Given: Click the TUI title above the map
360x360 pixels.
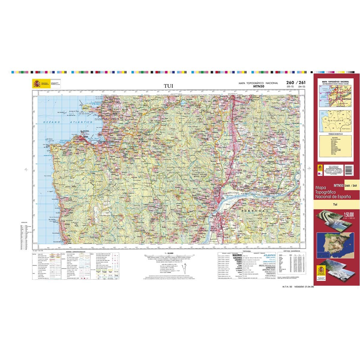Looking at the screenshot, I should pos(168,86).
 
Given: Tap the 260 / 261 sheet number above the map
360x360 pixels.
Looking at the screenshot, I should pos(296,82).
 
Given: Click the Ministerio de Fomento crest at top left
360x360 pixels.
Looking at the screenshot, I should pos(37,83).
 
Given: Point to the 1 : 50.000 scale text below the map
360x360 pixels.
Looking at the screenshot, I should pos(167,253).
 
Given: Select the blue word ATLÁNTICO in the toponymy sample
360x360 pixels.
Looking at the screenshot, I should pos(269,255).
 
